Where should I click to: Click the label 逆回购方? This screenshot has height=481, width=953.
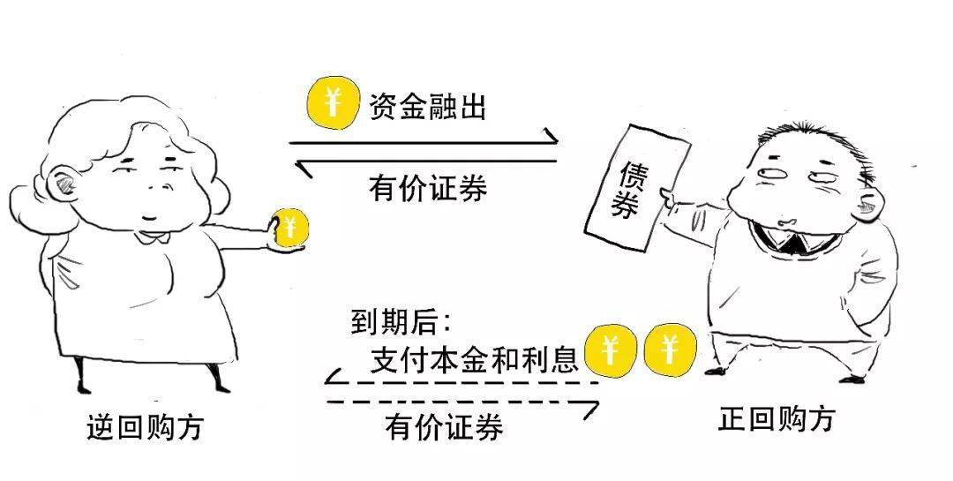pyautogui.click(x=145, y=427)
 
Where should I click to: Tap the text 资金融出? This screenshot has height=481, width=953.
pyautogui.click(x=428, y=107)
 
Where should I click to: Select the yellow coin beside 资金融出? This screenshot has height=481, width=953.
pyautogui.click(x=332, y=104)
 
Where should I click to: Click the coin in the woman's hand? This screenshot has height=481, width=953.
pyautogui.click(x=290, y=229)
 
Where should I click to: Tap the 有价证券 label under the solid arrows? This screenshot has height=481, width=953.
pyautogui.click(x=428, y=189)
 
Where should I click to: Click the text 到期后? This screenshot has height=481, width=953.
pyautogui.click(x=401, y=321)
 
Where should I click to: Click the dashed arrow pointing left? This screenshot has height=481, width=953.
pyautogui.click(x=459, y=382)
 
